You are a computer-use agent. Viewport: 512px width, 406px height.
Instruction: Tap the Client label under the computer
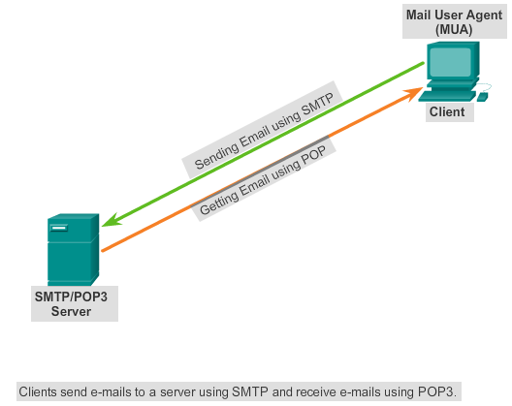(x=447, y=112)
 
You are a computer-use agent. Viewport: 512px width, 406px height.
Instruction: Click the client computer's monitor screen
(x=449, y=65)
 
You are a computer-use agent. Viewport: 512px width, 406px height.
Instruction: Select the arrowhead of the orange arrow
(x=416, y=92)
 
